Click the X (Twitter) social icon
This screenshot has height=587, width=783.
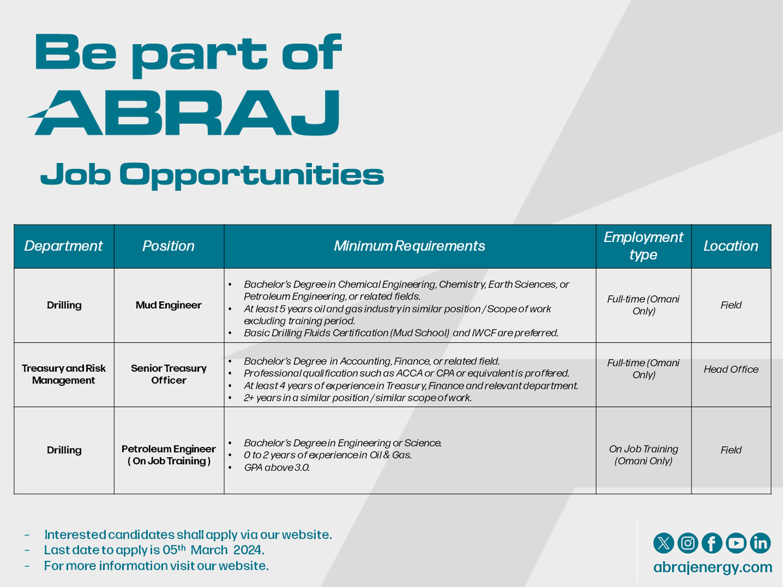664,543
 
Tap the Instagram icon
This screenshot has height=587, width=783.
688,543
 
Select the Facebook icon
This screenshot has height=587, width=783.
712,543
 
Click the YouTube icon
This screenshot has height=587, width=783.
736,543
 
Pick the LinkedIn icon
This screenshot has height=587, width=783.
760,543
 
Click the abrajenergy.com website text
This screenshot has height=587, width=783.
713,567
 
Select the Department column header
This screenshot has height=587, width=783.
63,246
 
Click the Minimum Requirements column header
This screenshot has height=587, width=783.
409,246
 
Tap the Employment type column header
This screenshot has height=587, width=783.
643,246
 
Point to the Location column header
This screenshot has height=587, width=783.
730,246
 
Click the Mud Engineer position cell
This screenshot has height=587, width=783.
168,305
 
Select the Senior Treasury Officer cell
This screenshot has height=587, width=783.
168,374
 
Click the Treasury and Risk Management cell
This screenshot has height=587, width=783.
63,374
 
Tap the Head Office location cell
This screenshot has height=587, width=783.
731,369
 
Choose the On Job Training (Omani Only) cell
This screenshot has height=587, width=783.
643,455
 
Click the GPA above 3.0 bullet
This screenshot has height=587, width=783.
277,467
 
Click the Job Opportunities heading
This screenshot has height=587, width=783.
211,175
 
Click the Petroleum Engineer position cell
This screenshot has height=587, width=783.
168,455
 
